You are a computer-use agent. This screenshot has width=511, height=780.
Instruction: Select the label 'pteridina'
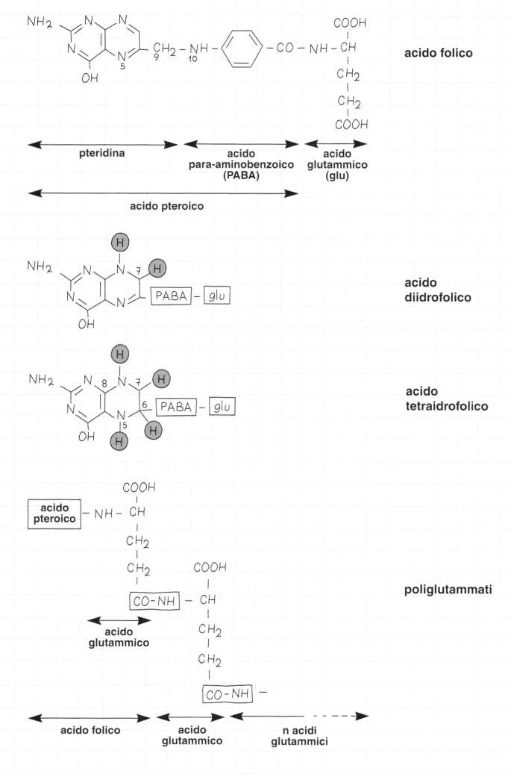(x=101, y=153)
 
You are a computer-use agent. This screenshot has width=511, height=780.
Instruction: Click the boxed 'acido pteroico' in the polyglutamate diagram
(x=53, y=514)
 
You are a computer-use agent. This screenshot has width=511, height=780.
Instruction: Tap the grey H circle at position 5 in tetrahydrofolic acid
(x=119, y=443)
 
